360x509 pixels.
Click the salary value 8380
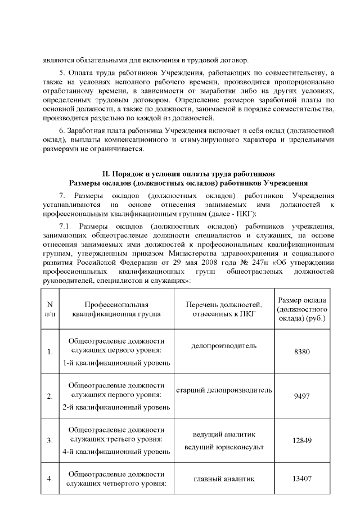pos(301,352)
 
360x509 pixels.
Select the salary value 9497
pos(301,395)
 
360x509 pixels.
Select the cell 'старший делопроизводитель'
pos(224,390)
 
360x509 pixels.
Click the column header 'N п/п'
pos(49,309)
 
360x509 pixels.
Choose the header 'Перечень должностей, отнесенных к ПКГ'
pos(224,309)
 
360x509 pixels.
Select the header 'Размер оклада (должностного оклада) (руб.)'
pos(302,309)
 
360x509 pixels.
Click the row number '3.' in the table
pos(49,440)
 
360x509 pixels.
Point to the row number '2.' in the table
pos(49,396)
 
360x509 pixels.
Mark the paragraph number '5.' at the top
pos(62,74)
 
